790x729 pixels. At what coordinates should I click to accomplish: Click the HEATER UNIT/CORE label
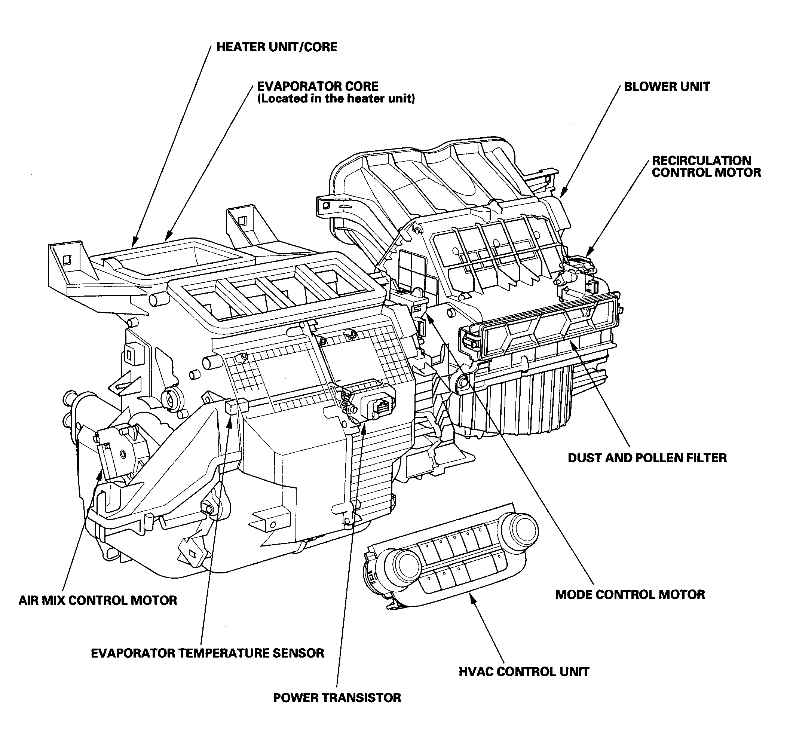coord(277,47)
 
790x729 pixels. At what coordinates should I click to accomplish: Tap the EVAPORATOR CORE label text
coord(318,86)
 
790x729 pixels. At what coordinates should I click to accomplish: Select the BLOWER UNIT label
coord(667,87)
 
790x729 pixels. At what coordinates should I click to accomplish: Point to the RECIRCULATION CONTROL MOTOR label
coord(706,166)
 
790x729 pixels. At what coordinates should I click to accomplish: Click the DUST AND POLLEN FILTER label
coord(647,458)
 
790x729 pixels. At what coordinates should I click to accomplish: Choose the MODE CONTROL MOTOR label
coord(630,594)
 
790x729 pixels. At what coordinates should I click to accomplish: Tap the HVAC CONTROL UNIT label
coord(524,672)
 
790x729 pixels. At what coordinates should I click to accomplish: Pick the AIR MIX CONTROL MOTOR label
coord(98,600)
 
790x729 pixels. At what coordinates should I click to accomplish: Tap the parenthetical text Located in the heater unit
coord(336,99)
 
